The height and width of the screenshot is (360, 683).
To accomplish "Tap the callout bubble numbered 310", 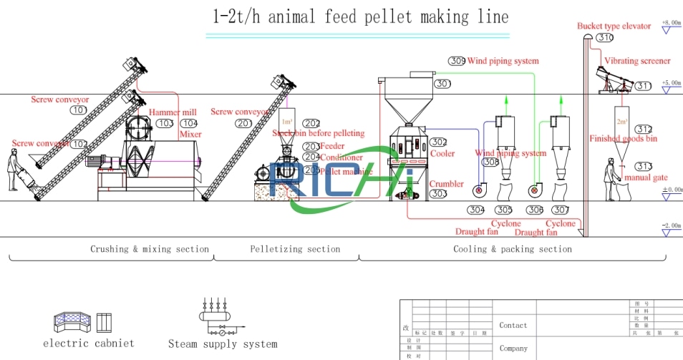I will pyautogui.click(x=605, y=38).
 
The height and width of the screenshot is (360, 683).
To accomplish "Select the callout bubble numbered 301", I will pyautogui.click(x=442, y=84).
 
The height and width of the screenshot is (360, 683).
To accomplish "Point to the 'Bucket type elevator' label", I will pyautogui.click(x=614, y=26).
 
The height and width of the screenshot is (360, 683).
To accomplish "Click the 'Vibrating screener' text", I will pyautogui.click(x=637, y=62).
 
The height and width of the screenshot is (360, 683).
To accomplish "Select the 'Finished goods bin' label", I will pyautogui.click(x=622, y=139).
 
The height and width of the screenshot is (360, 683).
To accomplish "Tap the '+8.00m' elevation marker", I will pyautogui.click(x=671, y=23).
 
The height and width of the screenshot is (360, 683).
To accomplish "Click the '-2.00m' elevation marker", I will pyautogui.click(x=671, y=225).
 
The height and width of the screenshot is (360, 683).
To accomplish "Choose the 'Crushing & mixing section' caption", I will pyautogui.click(x=150, y=249).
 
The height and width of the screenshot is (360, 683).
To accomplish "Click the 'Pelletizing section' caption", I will pyautogui.click(x=295, y=249).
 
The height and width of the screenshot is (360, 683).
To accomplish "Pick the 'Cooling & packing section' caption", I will pyautogui.click(x=513, y=249).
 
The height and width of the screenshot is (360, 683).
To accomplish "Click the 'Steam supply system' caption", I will pyautogui.click(x=223, y=344).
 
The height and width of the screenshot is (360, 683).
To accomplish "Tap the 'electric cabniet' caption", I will pyautogui.click(x=89, y=344).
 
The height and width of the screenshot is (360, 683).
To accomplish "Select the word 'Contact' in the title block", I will pyautogui.click(x=513, y=325).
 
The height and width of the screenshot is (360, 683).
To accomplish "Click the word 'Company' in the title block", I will pyautogui.click(x=513, y=349).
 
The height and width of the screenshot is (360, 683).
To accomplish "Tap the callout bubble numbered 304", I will pyautogui.click(x=476, y=210).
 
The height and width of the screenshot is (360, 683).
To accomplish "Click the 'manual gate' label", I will pyautogui.click(x=646, y=177).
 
